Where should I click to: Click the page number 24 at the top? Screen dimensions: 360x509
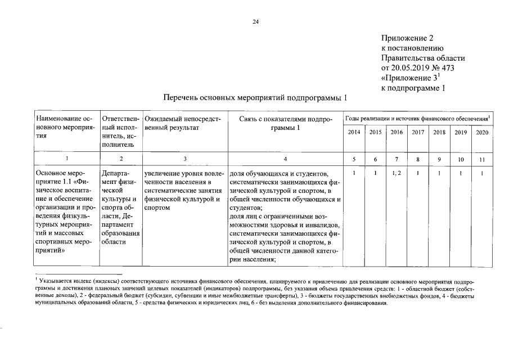point(255,22)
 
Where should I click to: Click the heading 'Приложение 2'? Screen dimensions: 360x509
point(407,39)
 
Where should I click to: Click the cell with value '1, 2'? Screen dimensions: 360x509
point(397,173)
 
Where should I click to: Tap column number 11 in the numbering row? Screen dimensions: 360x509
point(481,159)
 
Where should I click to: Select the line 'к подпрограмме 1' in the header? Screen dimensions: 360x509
point(413,87)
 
